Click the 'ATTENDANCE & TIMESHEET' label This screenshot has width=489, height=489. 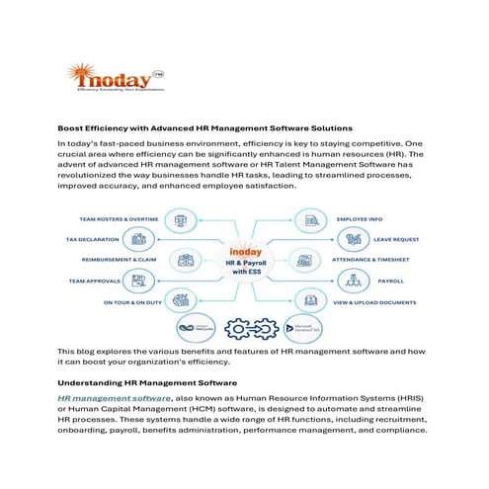click(x=384, y=260)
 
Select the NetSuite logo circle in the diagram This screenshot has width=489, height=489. click(x=192, y=326)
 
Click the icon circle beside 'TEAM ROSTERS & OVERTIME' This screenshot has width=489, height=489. click(x=181, y=218)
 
